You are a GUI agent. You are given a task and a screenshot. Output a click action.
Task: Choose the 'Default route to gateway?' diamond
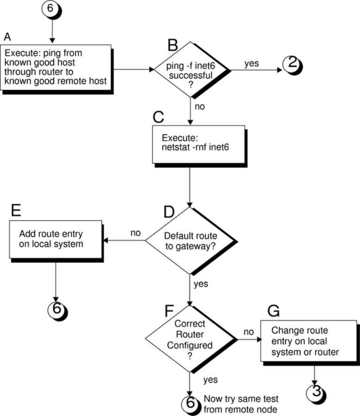[191, 240]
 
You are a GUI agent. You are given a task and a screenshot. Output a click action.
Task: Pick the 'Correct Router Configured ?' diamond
[190, 339]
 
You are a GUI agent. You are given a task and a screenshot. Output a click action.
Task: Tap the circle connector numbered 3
[315, 391]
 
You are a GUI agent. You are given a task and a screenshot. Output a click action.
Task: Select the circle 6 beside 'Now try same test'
[190, 403]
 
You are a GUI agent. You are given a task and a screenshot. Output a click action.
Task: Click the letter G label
[273, 311]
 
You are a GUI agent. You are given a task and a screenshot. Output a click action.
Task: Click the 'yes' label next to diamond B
[251, 63]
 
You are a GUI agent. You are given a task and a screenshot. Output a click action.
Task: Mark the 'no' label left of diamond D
[135, 233]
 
